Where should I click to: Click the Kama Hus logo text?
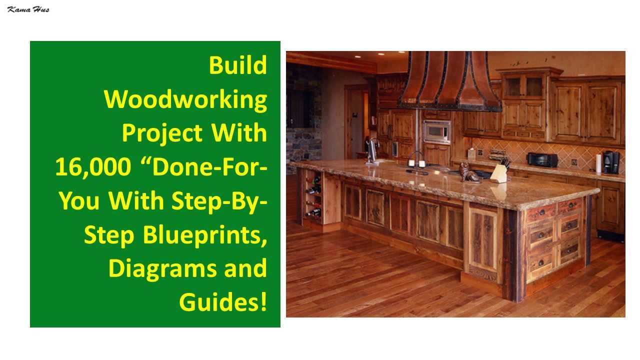point(28,9)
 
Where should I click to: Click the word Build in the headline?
point(237,65)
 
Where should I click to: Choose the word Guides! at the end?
point(223,302)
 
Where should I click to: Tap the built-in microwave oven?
point(436,131)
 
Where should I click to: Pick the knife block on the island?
point(499,173)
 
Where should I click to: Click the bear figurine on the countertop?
point(469,172)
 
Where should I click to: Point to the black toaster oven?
point(542,160)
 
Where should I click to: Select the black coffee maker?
point(611,162)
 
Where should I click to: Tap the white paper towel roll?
point(598,163)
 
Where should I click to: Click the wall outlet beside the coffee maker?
point(574,162)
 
